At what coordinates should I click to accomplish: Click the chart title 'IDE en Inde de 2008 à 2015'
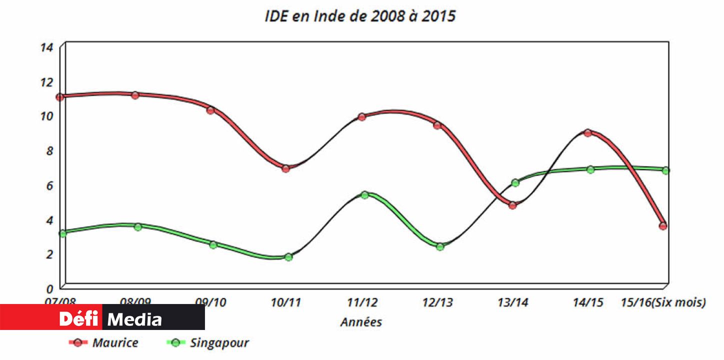coord(360,16)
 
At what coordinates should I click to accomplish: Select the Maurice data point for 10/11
coord(285,168)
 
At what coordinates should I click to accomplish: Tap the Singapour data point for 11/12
coord(364,195)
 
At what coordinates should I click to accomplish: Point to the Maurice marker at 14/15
coord(588,133)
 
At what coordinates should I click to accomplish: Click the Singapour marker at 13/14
coord(515,183)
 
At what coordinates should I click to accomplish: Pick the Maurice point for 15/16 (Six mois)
coord(663,226)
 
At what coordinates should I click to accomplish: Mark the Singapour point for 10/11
coord(288,257)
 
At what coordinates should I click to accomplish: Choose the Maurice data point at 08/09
coord(135,95)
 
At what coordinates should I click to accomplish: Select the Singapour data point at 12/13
coord(440,246)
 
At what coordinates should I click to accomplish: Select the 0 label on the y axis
coord(49,289)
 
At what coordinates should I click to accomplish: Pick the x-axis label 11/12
coord(362,302)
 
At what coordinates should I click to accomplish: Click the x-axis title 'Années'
coord(361,322)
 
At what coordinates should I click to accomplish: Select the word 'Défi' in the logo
coord(79,319)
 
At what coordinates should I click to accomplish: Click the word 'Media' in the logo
coord(135,319)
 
